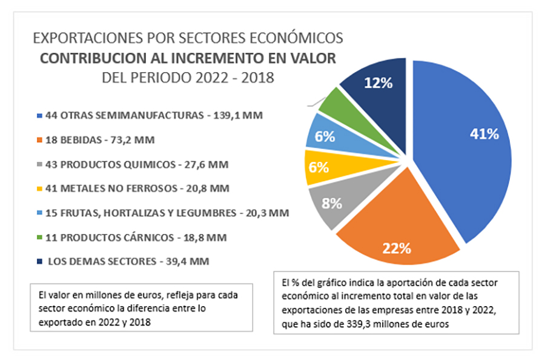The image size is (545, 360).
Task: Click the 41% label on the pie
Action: (x=484, y=134)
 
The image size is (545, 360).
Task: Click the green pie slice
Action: (x=335, y=104)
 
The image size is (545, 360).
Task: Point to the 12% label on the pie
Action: (x=378, y=83)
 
